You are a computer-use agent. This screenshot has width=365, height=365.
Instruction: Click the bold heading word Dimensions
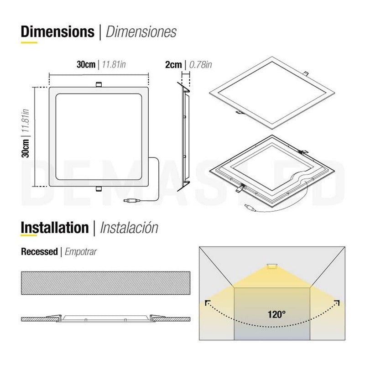[x=57, y=31]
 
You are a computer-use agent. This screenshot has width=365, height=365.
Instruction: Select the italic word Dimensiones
[x=141, y=32]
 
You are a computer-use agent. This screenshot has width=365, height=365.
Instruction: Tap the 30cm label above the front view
[x=86, y=64]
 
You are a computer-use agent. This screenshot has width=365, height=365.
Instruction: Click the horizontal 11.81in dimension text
[x=114, y=65]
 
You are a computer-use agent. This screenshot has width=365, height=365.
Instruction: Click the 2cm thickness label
[x=173, y=64]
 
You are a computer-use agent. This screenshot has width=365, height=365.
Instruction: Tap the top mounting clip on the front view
[x=99, y=84]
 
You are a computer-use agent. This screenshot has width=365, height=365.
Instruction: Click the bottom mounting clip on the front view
[x=99, y=188]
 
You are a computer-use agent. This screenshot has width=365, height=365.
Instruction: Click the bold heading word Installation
[x=55, y=227]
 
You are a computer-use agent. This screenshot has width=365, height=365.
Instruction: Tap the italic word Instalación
[x=129, y=228]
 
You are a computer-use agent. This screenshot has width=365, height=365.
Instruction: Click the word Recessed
[x=39, y=251]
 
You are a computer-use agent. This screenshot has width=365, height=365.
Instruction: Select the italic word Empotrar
[x=81, y=252]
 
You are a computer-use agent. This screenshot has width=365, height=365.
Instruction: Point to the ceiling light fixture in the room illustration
[x=272, y=266]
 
